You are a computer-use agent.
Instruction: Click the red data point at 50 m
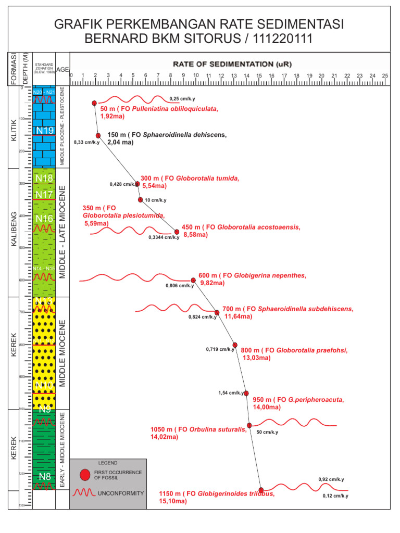[94, 103]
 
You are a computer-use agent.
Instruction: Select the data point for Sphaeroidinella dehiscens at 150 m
[98, 135]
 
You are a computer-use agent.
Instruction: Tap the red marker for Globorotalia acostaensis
[177, 232]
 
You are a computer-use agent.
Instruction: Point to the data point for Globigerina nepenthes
[193, 280]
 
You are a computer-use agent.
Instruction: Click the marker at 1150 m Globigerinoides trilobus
[261, 490]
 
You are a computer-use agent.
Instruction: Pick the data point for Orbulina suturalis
[249, 426]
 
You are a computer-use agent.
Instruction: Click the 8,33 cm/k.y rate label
[86, 142]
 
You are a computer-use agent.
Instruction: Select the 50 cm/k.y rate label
[268, 432]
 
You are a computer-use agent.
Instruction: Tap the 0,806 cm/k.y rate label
[180, 285]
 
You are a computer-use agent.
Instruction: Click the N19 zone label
[44, 130]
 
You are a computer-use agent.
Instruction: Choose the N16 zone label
[44, 218]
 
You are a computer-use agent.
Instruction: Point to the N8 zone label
[44, 476]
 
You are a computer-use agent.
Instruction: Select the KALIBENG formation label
[14, 229]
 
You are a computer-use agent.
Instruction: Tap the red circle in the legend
[85, 475]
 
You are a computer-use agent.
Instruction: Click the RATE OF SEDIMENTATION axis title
[232, 64]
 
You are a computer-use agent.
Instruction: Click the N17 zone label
[44, 195]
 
